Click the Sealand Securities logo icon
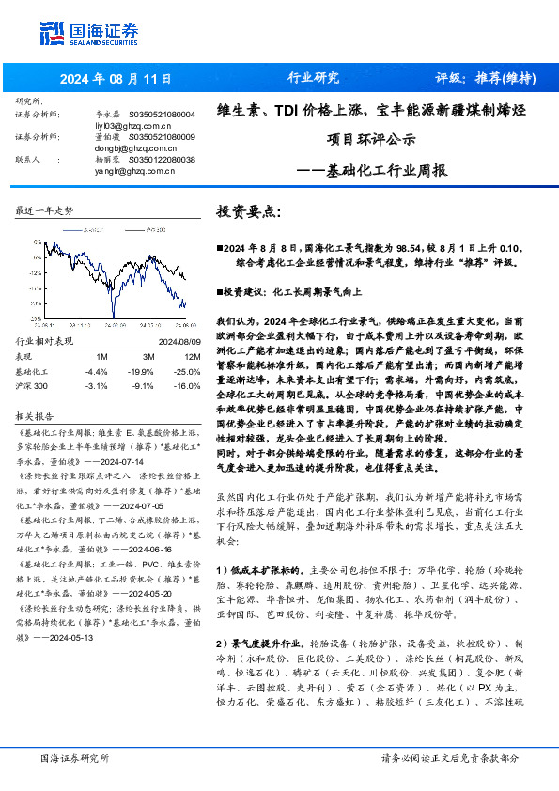(x=52, y=32)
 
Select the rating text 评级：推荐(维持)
(x=480, y=78)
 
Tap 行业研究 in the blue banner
(x=312, y=78)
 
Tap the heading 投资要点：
(x=249, y=212)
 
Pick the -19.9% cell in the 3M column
(x=143, y=372)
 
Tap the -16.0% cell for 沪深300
(x=188, y=385)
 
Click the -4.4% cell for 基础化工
(x=96, y=372)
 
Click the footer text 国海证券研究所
(x=74, y=759)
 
